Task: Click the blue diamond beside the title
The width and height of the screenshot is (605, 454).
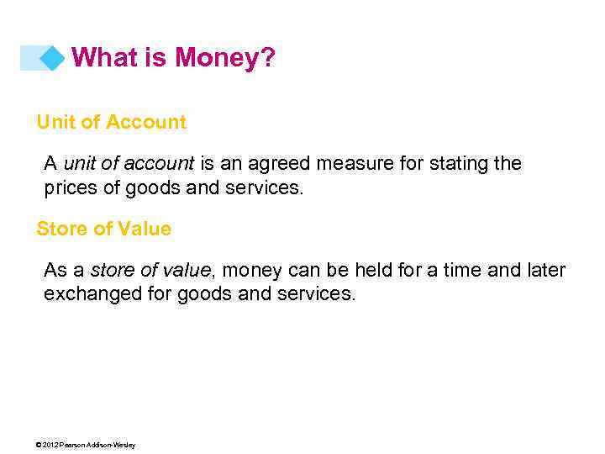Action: (52, 58)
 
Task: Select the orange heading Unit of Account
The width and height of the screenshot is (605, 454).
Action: (111, 122)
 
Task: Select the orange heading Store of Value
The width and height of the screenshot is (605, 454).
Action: (103, 229)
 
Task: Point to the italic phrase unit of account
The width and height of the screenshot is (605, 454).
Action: (129, 163)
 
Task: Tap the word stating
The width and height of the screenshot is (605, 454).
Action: (460, 163)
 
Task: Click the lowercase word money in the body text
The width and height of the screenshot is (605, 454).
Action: (254, 271)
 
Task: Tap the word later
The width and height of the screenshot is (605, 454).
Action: (546, 271)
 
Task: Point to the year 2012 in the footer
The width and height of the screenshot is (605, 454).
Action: (54, 445)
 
